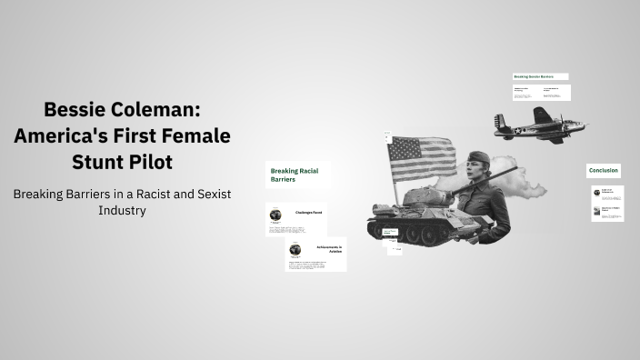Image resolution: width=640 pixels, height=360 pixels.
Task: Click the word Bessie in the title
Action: pyautogui.click(x=77, y=111)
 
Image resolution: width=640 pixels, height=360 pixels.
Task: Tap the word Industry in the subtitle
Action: pyautogui.click(x=122, y=210)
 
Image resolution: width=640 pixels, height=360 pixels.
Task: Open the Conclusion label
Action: pyautogui.click(x=604, y=170)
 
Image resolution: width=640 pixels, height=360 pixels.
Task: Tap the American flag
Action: pyautogui.click(x=422, y=156)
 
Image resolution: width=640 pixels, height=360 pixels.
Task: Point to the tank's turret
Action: pyautogui.click(x=425, y=197)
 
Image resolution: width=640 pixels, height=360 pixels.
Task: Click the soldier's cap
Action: pyautogui.click(x=478, y=157)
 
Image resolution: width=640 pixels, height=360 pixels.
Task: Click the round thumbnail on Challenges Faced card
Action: pyautogui.click(x=275, y=215)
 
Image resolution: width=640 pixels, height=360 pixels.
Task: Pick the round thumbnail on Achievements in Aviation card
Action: pyautogui.click(x=295, y=250)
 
